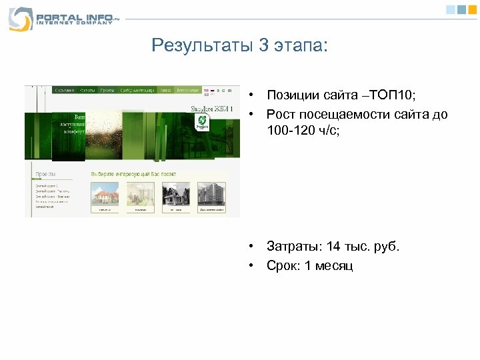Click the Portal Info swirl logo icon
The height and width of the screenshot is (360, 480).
[x=20, y=19]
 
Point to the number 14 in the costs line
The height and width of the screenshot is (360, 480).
[x=333, y=247]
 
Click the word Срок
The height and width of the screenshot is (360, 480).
[x=282, y=265]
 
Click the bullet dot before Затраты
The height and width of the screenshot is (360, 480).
[x=253, y=247]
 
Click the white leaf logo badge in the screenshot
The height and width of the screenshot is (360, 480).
[x=201, y=121]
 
